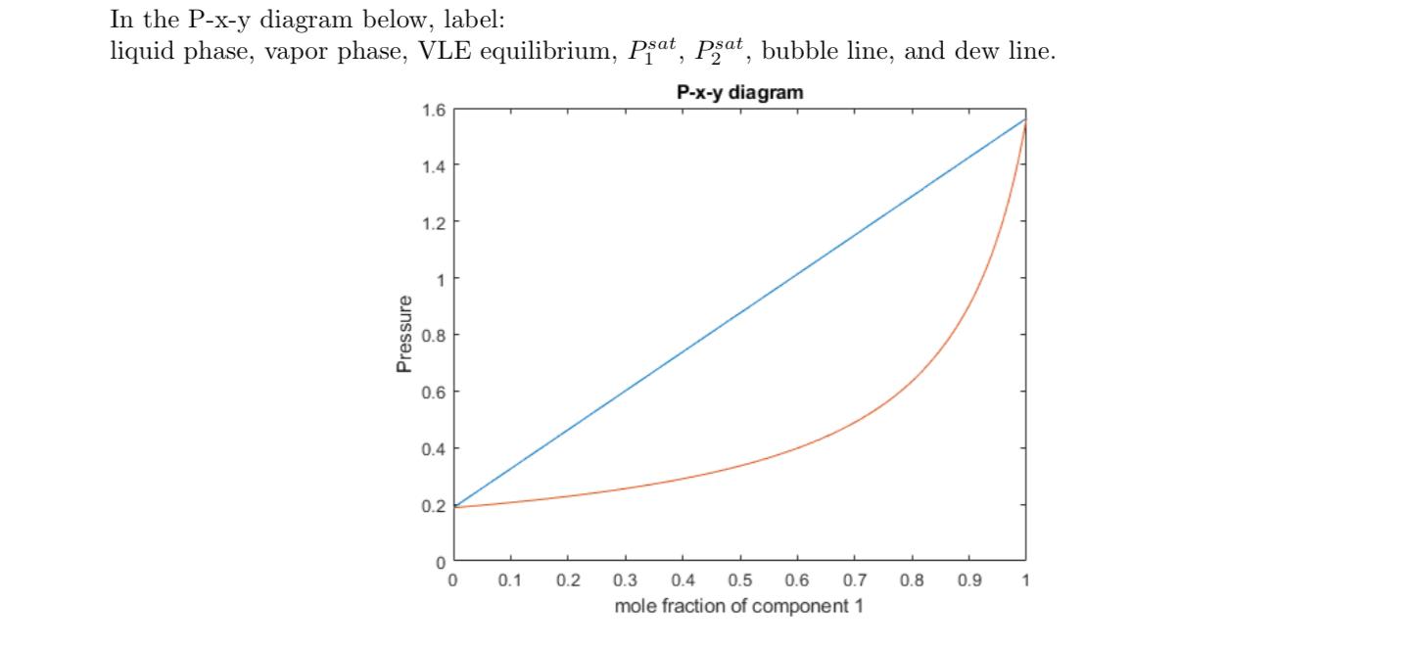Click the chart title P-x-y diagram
(x=739, y=93)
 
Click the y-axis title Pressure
(x=403, y=336)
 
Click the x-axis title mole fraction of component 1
(x=739, y=606)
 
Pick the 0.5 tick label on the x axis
(x=739, y=580)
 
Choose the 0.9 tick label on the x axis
(x=968, y=580)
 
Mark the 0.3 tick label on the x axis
(x=625, y=580)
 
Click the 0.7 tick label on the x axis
(x=854, y=580)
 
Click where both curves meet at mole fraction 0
(x=453, y=507)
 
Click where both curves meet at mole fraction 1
(x=1025, y=119)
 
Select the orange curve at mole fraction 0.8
(x=911, y=378)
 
